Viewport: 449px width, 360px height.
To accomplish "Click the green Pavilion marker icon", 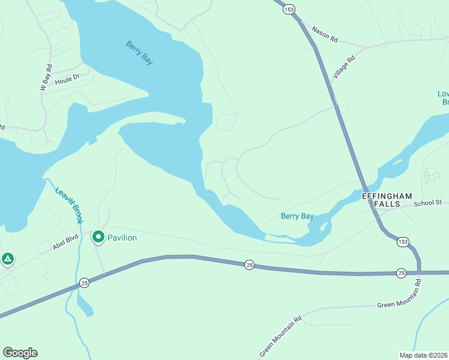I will [98, 238].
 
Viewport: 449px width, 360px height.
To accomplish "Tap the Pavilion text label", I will [122, 238].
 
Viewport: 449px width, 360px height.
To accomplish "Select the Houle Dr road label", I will [67, 79].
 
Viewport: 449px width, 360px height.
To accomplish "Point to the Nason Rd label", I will [325, 35].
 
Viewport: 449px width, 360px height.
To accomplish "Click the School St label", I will [427, 203].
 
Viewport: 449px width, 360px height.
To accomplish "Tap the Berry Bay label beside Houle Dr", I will [139, 52].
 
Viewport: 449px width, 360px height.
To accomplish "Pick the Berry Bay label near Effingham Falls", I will [297, 216].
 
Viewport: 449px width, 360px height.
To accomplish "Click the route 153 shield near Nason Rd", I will [290, 9].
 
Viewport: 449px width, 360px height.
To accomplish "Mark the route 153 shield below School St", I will [403, 241].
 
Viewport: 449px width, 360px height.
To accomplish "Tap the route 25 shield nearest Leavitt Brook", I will [84, 283].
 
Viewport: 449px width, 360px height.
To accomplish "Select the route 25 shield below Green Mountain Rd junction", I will [402, 273].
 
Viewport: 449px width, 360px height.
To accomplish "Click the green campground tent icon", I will [7, 259].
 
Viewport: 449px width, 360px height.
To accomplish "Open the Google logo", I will [20, 353].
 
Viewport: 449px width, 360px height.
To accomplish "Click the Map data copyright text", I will [423, 355].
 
